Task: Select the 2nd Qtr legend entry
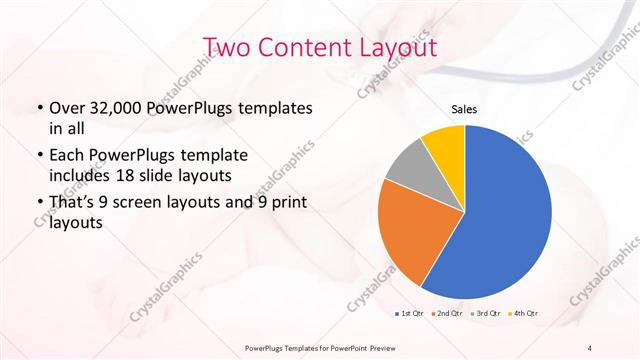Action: pos(447,314)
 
